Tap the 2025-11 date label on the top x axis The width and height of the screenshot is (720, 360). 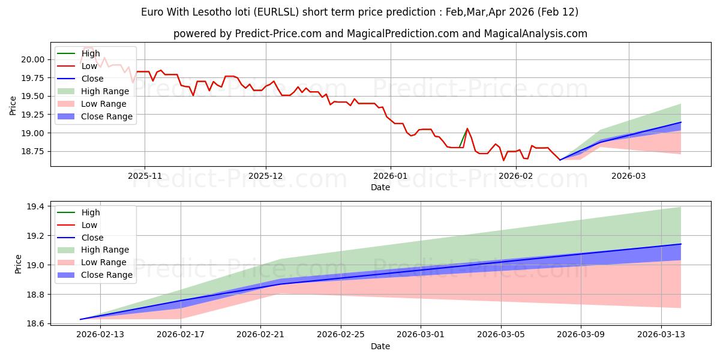pos(145,176)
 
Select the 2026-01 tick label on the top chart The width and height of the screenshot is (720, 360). pos(391,176)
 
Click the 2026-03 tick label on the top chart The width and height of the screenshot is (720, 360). pos(629,176)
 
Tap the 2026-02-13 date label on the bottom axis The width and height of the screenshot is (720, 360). pos(100,335)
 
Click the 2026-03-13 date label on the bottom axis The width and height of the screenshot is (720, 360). pos(661,335)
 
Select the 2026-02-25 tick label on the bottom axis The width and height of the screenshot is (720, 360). pos(341,335)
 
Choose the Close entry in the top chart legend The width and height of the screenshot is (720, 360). pos(92,79)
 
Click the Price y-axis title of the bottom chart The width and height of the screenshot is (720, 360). pos(18,263)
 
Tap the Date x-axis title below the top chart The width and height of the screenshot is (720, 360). pos(380,187)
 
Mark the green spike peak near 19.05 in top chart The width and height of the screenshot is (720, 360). pos(467,128)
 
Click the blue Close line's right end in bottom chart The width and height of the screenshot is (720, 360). pos(681,244)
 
